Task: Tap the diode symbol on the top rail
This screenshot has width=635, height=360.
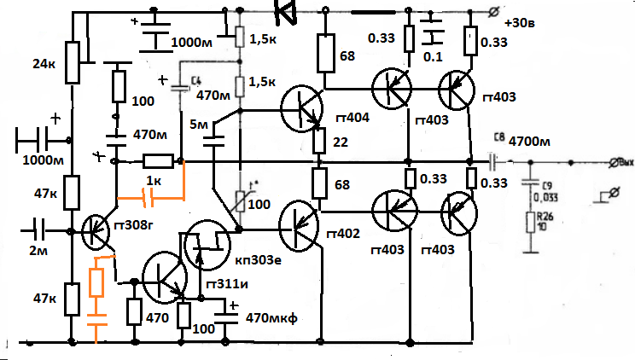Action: point(285,11)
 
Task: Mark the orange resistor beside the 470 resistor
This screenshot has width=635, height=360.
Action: point(96,282)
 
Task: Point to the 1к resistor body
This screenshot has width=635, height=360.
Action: point(158,160)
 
